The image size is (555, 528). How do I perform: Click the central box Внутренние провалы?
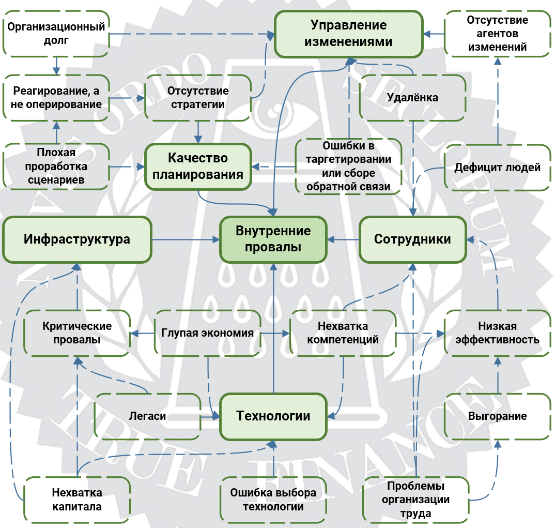coord(273,239)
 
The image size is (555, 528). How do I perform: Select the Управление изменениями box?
coord(349,34)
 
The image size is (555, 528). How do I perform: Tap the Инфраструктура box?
coord(77,239)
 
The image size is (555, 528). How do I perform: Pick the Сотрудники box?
coord(413,239)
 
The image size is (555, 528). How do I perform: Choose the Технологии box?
coord(273,416)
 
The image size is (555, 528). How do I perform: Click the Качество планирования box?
coord(198,167)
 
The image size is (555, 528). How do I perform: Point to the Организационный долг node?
coord(56,34)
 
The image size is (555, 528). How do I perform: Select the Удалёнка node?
coord(413,98)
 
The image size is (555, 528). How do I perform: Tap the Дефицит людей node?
coord(498,168)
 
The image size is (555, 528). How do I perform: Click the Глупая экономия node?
coord(208,333)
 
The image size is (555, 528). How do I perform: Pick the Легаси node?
coord(148,416)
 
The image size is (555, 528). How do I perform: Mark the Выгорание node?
coord(498,416)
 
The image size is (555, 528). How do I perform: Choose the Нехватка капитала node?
coord(77,500)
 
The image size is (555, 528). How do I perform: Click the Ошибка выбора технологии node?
coord(273,500)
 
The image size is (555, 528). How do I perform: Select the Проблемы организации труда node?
coord(416,500)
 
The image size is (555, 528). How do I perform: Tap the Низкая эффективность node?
coord(498,333)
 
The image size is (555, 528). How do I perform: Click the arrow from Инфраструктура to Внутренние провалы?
coord(186,240)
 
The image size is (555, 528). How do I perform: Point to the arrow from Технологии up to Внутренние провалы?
coord(273,328)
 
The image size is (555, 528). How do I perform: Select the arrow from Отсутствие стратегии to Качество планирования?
coord(198,132)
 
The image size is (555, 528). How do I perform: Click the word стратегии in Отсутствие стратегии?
coord(198,104)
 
